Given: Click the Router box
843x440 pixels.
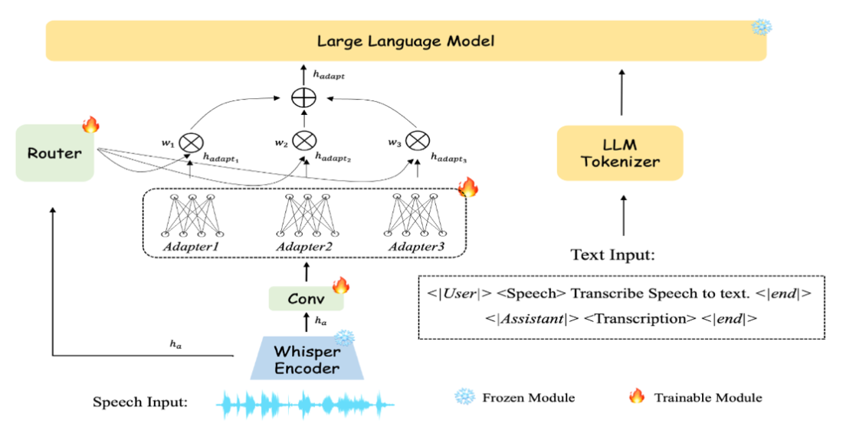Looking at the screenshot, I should click(x=54, y=153).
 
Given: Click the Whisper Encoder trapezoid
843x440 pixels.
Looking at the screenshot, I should click(x=307, y=358).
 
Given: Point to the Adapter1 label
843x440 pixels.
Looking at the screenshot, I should click(x=191, y=248).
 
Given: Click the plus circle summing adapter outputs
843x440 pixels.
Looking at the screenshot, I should click(x=306, y=98).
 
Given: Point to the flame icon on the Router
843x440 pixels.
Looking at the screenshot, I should click(x=91, y=123).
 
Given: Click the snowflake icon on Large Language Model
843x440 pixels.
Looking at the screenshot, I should click(x=762, y=28).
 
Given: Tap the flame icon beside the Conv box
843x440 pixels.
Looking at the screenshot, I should click(x=340, y=286).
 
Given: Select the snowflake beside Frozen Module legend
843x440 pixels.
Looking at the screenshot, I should click(x=464, y=397).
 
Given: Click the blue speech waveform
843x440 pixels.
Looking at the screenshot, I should click(x=307, y=404).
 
